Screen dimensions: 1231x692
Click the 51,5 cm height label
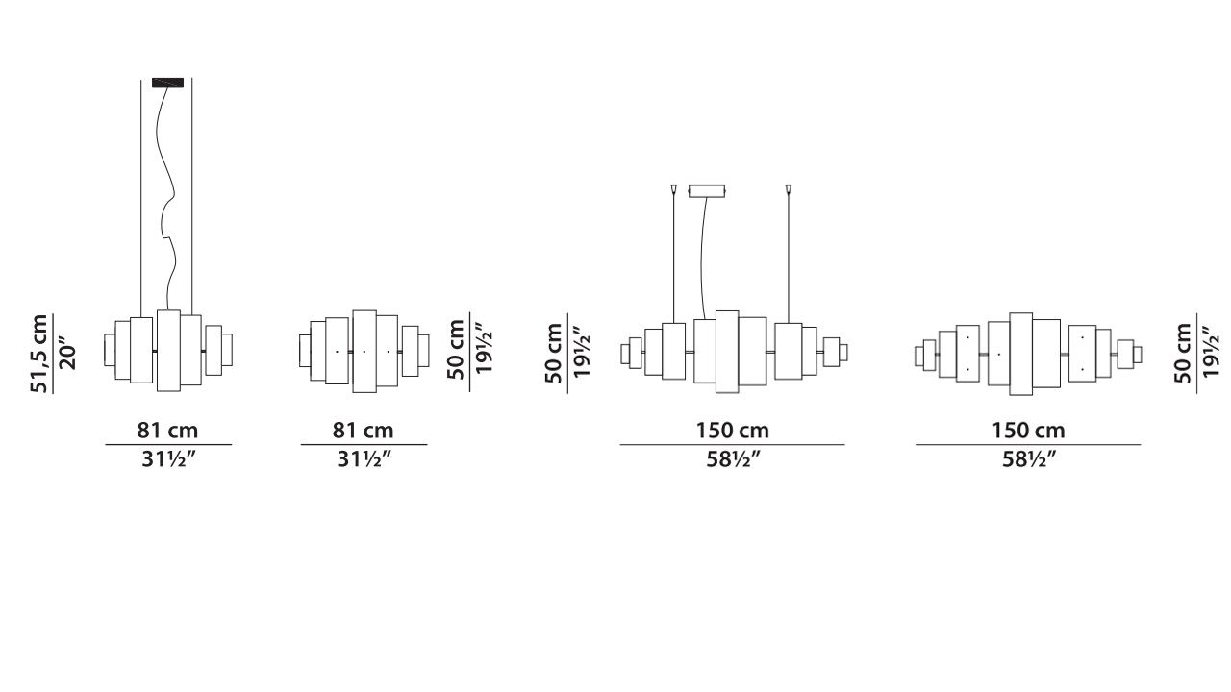point(38,354)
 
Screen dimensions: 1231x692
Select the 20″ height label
point(66,357)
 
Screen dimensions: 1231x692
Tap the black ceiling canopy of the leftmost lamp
point(167,83)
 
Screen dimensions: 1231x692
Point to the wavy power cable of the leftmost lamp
point(167,198)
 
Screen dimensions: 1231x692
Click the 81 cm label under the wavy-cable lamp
point(167,430)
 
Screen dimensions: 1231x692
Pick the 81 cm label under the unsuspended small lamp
point(363,430)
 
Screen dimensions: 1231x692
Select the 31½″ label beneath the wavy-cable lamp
point(168,459)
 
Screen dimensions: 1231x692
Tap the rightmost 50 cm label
point(1183,353)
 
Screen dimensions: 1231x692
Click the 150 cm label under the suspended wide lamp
point(733,430)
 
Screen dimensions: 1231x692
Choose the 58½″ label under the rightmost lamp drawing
point(1029,459)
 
